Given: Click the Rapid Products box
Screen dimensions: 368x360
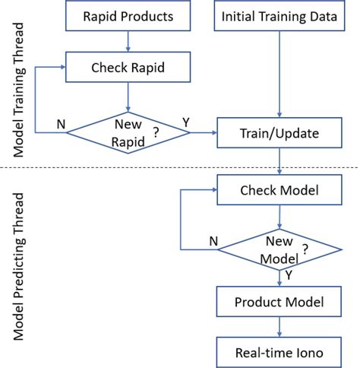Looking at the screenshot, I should click(x=128, y=16).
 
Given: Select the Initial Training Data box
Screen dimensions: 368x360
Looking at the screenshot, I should click(x=281, y=16).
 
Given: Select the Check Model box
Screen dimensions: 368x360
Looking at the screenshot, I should click(x=281, y=189).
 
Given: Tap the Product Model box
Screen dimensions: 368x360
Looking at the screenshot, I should click(x=281, y=302).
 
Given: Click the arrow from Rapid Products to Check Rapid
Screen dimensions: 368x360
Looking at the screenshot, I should click(x=128, y=40).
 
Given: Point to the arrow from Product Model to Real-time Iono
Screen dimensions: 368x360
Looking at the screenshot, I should click(x=281, y=327).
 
